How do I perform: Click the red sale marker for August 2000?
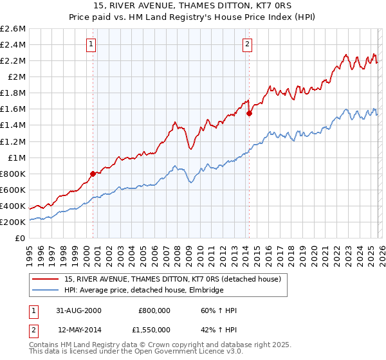[x=93, y=174]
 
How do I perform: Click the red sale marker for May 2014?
[x=249, y=113]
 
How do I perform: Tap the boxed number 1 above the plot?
[x=91, y=44]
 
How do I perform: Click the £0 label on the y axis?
[x=20, y=238]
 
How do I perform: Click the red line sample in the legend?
[x=46, y=280]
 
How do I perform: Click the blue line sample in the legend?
[x=46, y=291]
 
